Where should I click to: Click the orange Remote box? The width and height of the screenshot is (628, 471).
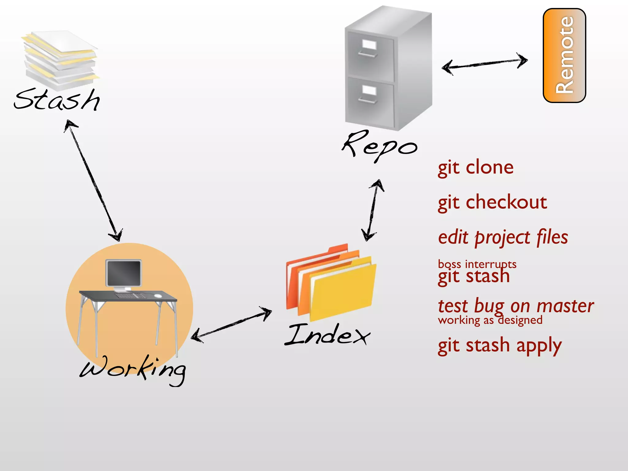click(564, 55)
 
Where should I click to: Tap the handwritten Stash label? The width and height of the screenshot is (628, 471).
click(57, 100)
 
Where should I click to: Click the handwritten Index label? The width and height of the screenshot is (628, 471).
click(327, 335)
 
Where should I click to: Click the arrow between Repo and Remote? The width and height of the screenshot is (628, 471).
click(484, 63)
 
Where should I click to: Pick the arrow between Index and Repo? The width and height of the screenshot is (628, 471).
click(373, 210)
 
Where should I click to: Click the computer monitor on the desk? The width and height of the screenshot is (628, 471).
click(124, 273)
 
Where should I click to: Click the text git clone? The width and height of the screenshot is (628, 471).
click(476, 168)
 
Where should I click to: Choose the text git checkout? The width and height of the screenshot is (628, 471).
click(492, 203)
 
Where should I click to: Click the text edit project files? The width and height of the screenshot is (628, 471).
click(503, 238)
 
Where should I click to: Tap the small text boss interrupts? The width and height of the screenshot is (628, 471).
click(477, 263)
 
